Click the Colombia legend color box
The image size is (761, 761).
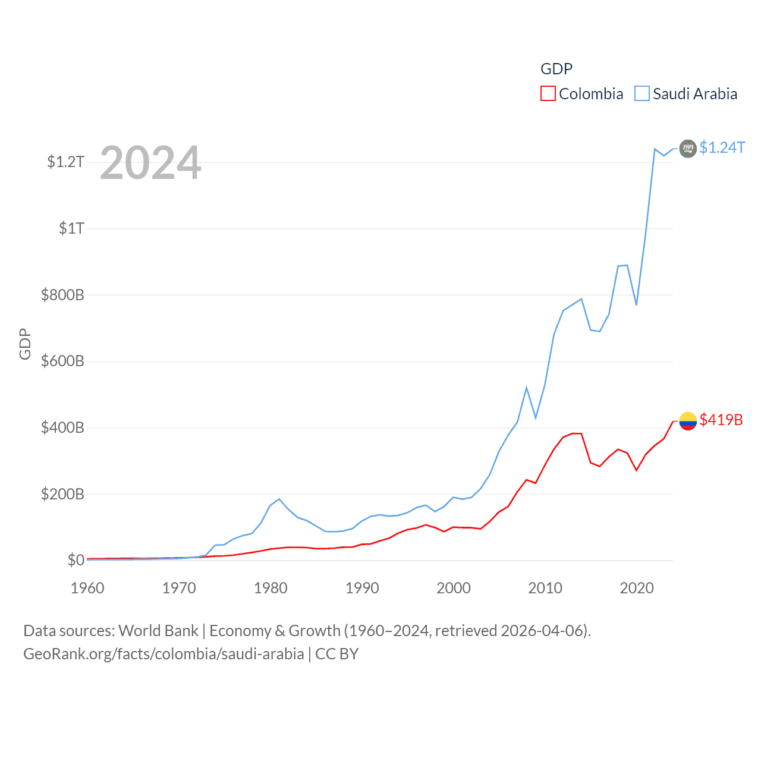(x=548, y=94)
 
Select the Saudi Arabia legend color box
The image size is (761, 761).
(x=642, y=94)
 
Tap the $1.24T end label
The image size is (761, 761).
(x=722, y=147)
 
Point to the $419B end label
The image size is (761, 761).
(x=721, y=420)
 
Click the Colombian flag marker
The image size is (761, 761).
(x=688, y=421)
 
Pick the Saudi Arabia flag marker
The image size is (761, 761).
(x=688, y=148)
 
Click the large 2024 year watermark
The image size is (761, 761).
(x=150, y=163)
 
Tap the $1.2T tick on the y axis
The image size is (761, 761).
(x=65, y=162)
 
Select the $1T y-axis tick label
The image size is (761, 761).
(x=71, y=228)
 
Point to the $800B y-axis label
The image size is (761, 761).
(x=62, y=295)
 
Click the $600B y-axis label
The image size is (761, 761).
(x=62, y=361)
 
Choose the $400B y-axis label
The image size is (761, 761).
(x=62, y=428)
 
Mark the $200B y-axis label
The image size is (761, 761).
(x=62, y=494)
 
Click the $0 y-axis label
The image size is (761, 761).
(x=76, y=560)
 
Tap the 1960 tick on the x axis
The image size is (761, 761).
(x=87, y=588)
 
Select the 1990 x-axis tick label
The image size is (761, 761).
(x=362, y=588)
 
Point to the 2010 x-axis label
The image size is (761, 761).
(x=545, y=588)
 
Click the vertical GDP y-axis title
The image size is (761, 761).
(x=25, y=344)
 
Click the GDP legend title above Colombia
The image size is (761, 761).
(x=556, y=69)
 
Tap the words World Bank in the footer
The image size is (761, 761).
(x=159, y=631)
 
